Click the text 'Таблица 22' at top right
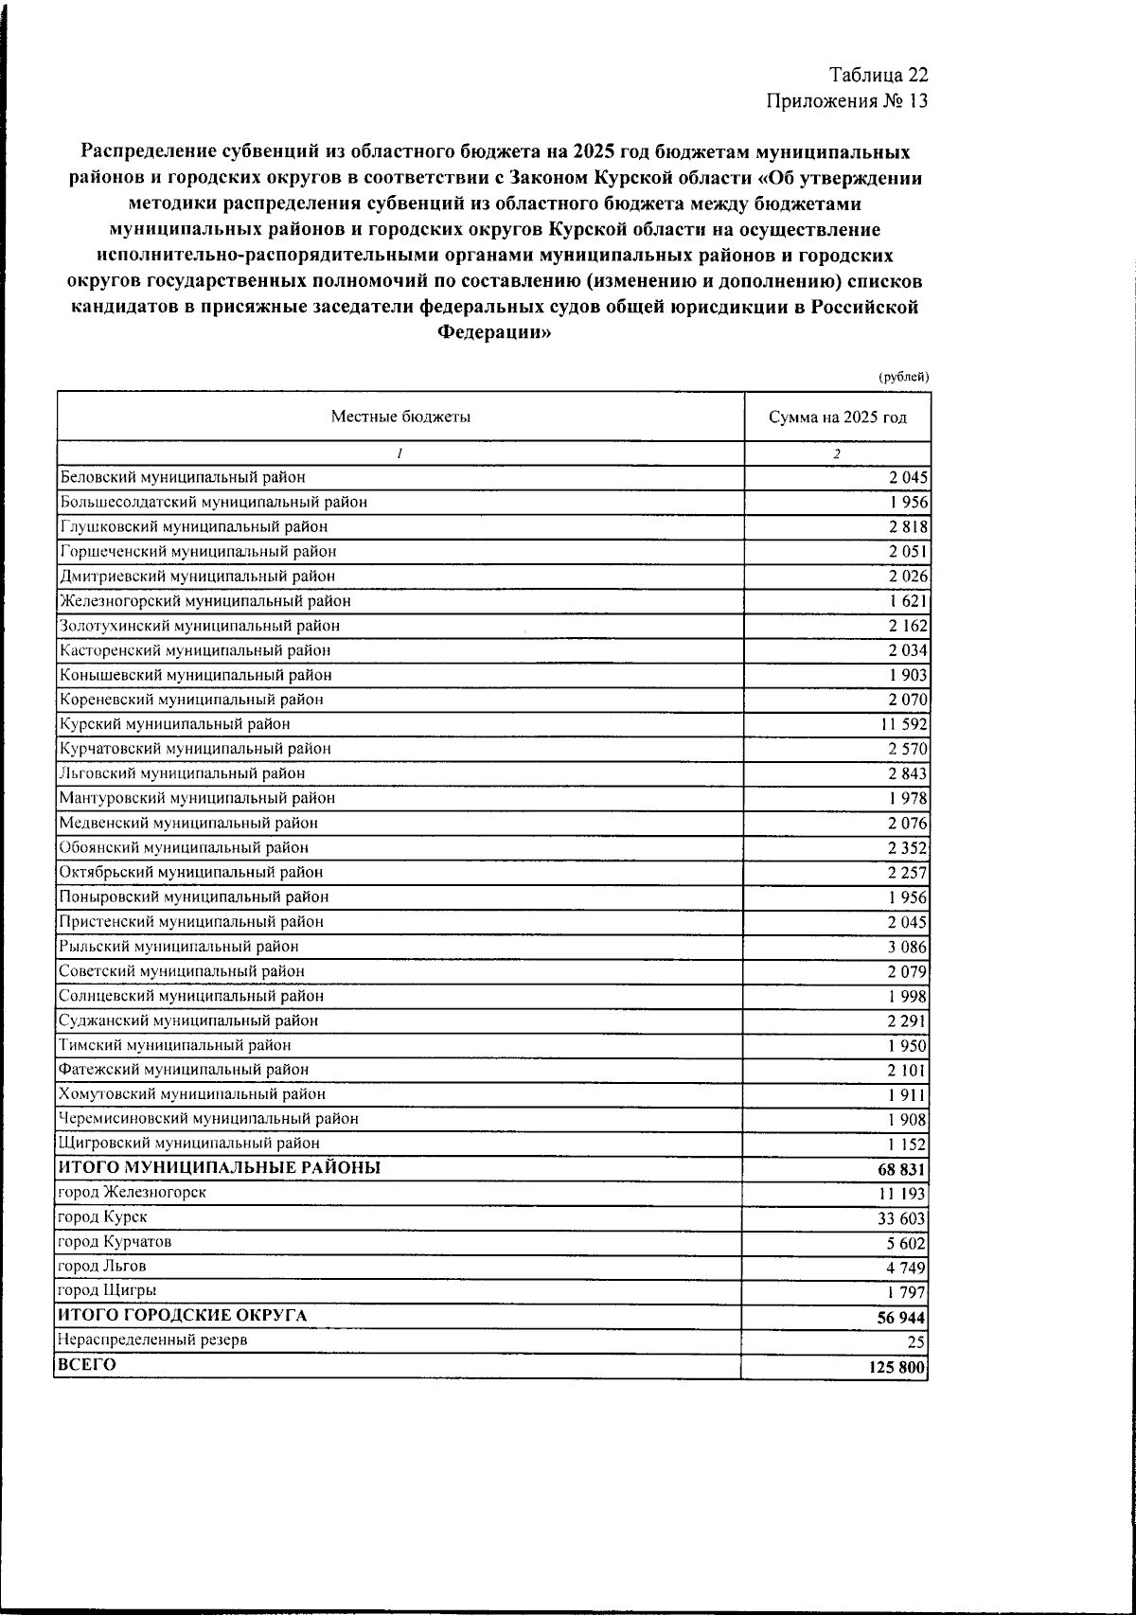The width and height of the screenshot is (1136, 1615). (879, 76)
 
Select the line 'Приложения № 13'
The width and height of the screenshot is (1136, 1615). (848, 101)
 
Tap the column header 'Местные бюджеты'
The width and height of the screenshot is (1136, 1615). (400, 417)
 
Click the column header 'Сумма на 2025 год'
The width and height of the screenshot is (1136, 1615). (837, 417)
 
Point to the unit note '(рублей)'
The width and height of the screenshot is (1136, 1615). (903, 377)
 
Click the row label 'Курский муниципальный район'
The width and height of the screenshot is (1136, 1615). (174, 724)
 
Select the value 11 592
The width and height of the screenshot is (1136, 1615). (904, 725)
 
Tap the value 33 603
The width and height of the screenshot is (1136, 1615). (903, 1219)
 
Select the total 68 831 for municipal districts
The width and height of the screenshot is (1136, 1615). (902, 1170)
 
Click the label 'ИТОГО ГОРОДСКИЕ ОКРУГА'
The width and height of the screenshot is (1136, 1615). (182, 1316)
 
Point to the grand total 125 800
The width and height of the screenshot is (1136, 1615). (898, 1368)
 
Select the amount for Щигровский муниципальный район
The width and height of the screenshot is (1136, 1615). (908, 1145)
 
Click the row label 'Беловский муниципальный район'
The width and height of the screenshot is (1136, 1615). (182, 478)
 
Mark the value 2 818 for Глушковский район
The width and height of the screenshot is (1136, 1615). (908, 528)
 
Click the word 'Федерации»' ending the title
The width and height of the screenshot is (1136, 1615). (493, 332)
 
